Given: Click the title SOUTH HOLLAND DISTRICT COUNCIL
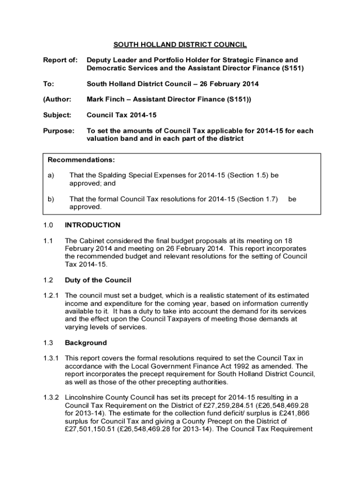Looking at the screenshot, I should pos(180,45).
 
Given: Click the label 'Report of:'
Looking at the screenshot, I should pos(59,60).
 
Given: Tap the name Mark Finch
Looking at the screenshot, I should pos(103,100).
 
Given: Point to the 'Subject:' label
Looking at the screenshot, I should pos(57,115).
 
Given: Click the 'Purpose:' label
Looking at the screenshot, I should pos(58,131).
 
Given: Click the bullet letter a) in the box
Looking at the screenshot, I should pos(50,175).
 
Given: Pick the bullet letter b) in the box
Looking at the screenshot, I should pos(50,199).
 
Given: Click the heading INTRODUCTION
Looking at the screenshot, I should pos(93,225).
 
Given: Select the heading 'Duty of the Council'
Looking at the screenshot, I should pos(98,280).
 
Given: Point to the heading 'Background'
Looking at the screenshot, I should pos(86,343).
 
